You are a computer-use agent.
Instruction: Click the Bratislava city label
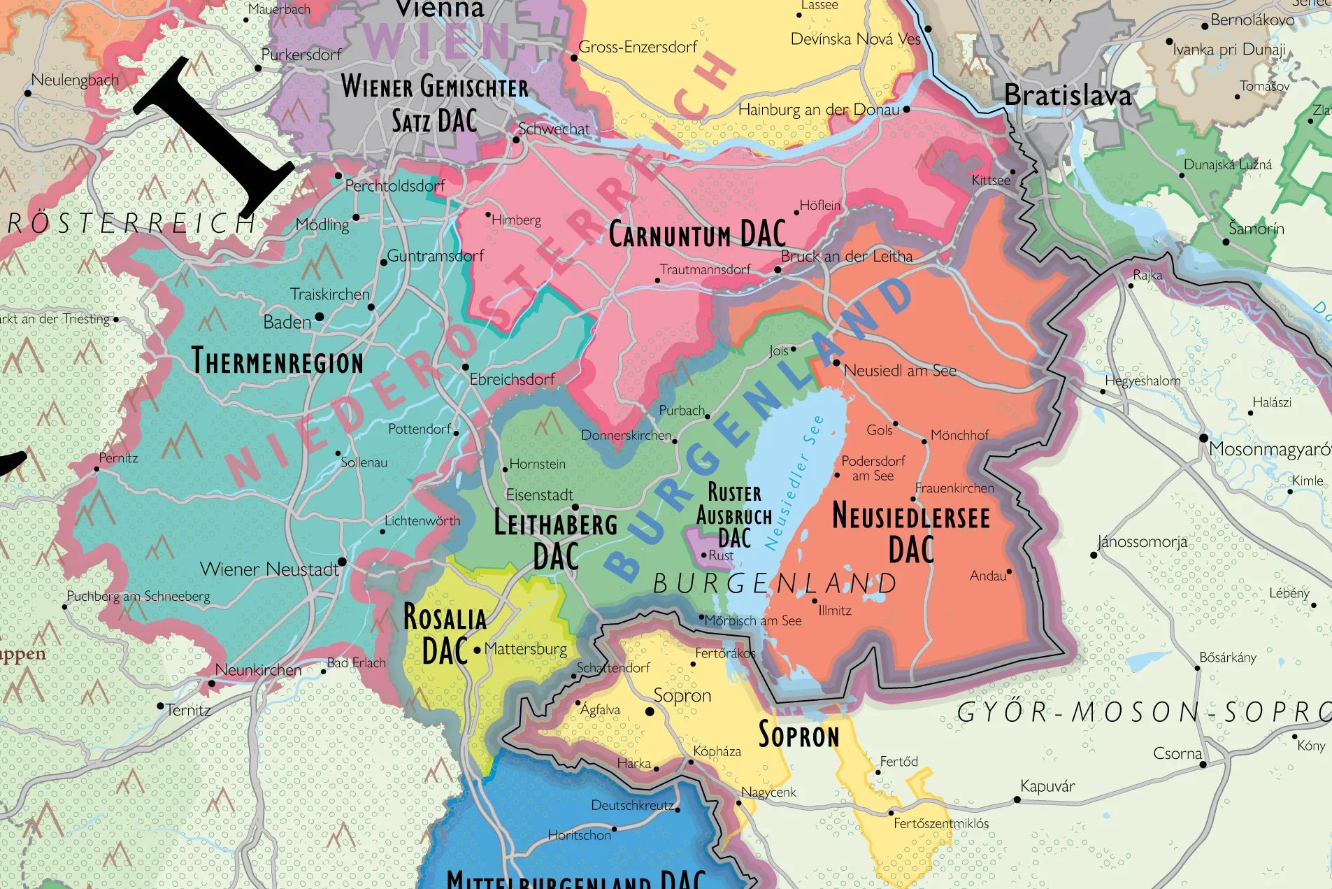point(1067,95)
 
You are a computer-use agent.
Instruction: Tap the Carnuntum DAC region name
point(697,234)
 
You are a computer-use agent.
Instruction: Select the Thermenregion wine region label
point(278,362)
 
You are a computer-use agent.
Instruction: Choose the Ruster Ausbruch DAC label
point(734,515)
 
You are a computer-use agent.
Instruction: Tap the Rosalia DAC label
point(445,634)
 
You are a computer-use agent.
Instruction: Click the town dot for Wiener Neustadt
point(342,562)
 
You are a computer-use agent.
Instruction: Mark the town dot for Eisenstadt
point(575,507)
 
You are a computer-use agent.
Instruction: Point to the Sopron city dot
point(650,711)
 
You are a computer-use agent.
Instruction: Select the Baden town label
point(287,322)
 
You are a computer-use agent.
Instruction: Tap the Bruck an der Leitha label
point(847,256)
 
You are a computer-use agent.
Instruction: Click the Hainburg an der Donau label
point(819,110)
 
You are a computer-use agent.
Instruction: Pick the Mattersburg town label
point(525,649)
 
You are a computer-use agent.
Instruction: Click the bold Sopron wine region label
point(799,735)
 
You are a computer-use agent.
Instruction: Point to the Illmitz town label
point(835,611)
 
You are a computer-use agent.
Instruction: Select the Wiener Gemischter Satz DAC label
point(434,104)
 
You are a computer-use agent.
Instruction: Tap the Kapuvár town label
point(1047,786)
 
